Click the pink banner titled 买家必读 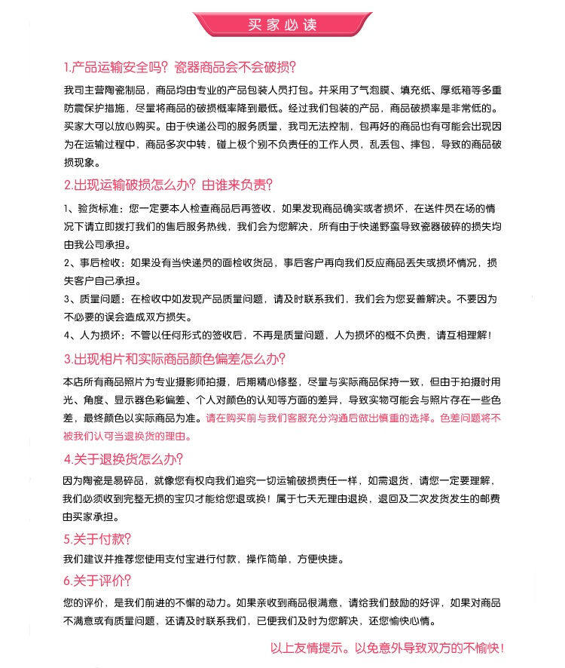(282, 24)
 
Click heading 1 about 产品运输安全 (179, 66)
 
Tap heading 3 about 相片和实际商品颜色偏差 (174, 359)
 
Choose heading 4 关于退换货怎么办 (124, 459)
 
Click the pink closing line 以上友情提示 (386, 648)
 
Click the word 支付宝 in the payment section (186, 559)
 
